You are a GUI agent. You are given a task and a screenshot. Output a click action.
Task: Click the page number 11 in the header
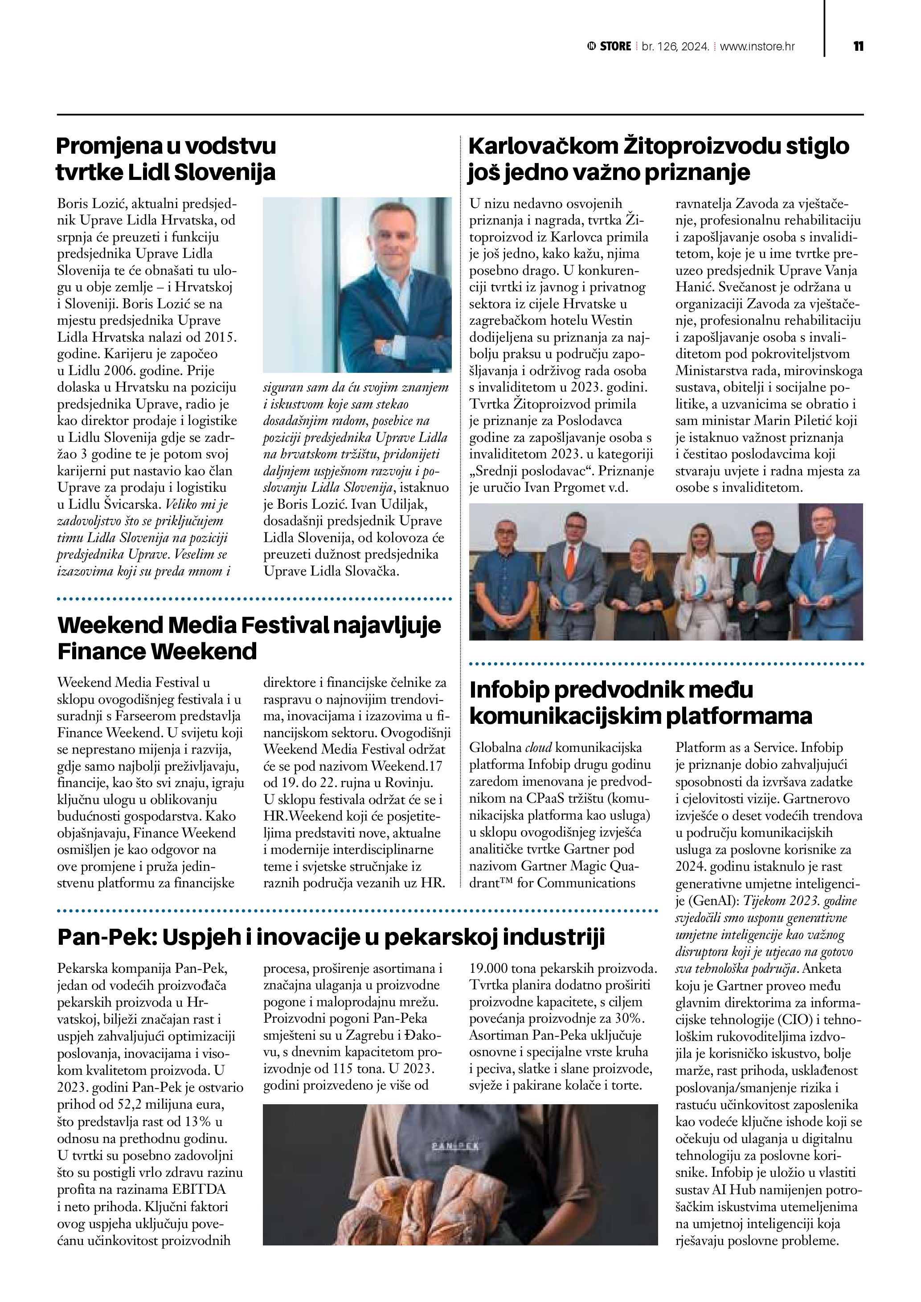click(x=858, y=46)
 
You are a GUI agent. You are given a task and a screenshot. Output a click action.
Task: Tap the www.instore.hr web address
click(x=757, y=46)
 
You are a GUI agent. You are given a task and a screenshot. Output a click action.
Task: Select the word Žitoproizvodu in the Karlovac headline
click(x=695, y=146)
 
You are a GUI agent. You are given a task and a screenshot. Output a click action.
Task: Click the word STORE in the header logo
click(x=615, y=46)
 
